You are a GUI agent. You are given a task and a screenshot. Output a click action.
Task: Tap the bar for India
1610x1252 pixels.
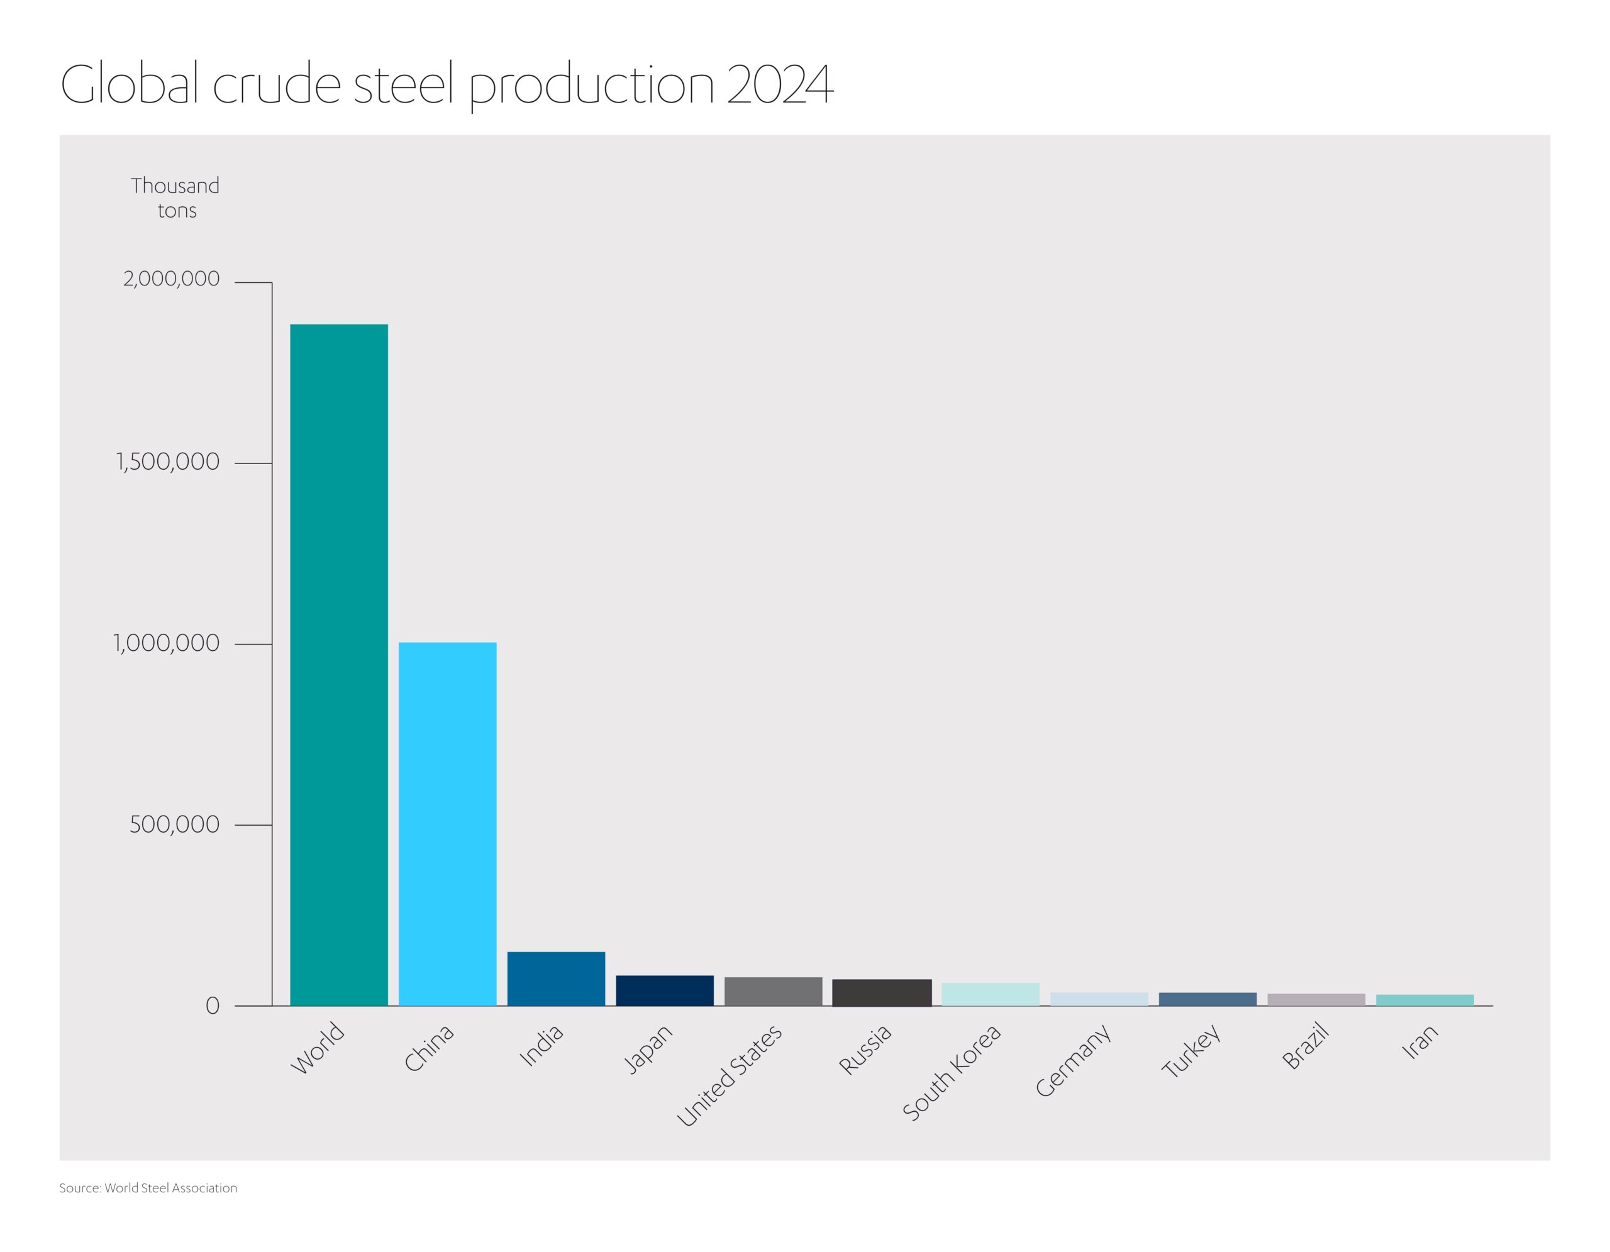tap(556, 978)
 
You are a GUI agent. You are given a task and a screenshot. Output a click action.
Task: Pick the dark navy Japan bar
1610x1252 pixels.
tap(664, 990)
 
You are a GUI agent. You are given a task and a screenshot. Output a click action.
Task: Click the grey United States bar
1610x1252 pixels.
tap(774, 991)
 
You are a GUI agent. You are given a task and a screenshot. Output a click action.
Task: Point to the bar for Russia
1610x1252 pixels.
tap(882, 993)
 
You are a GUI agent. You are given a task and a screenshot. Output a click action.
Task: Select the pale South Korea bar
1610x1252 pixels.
tap(990, 994)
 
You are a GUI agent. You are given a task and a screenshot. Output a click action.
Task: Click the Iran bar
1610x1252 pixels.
tap(1424, 1000)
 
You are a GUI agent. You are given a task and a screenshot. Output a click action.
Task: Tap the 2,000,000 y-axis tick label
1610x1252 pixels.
tap(171, 279)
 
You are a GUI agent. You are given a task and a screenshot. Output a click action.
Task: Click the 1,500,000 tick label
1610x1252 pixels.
tap(168, 462)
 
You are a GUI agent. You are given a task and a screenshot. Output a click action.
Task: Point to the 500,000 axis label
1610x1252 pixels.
tap(175, 824)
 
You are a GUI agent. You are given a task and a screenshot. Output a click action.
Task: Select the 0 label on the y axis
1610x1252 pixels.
tap(213, 1006)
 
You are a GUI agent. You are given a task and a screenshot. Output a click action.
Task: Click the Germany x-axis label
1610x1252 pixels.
tap(1072, 1061)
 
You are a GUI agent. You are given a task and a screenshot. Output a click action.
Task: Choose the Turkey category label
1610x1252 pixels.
tap(1191, 1051)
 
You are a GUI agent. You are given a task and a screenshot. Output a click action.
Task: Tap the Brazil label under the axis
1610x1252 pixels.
tap(1306, 1047)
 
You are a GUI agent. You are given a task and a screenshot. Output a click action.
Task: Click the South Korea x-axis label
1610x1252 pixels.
tap(952, 1073)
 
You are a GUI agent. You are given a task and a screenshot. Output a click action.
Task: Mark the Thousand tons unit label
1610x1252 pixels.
tap(175, 197)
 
